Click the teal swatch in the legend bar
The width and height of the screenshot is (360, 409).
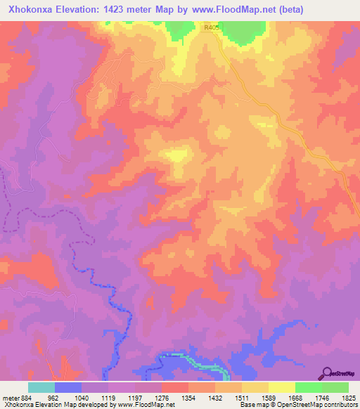tap(41, 388)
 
